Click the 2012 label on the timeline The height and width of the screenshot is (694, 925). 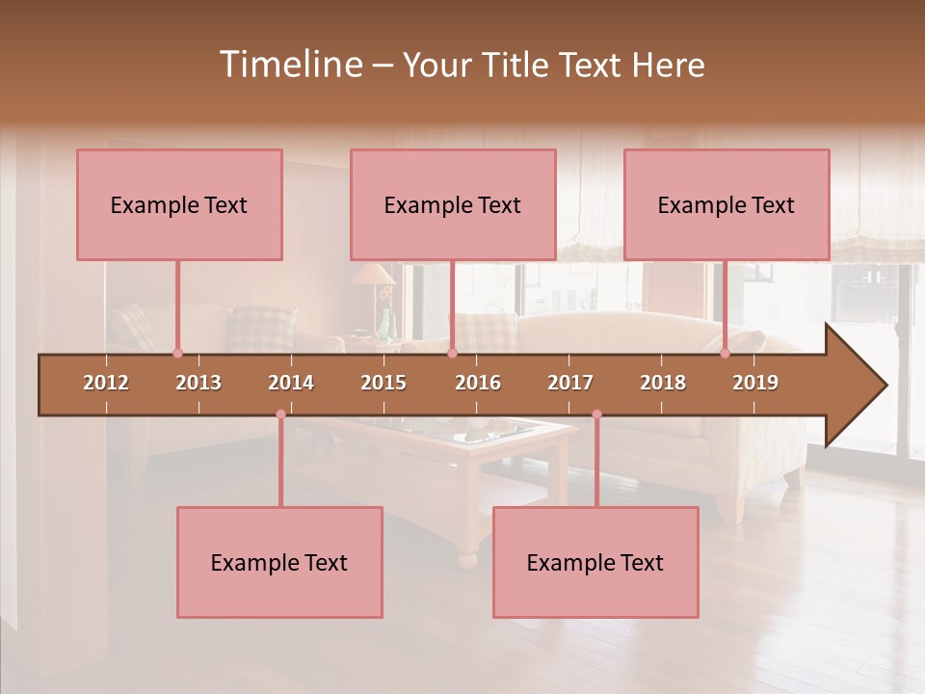[106, 383]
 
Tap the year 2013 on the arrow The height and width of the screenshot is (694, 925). [198, 383]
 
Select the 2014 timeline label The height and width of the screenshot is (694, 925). [291, 383]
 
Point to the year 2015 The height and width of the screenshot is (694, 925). [383, 383]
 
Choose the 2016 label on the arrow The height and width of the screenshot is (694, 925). [478, 383]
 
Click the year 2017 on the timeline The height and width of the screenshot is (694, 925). [570, 383]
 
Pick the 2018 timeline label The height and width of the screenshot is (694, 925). [663, 383]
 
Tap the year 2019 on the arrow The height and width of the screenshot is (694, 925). [755, 383]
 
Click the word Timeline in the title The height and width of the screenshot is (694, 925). [289, 65]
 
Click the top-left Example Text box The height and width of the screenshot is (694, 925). [179, 204]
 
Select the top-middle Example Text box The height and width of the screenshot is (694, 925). [453, 204]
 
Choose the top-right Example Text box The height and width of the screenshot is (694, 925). [727, 204]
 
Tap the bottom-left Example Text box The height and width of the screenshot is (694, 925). [279, 562]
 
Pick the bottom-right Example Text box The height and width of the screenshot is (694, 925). [595, 562]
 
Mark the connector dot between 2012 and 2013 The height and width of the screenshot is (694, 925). [177, 353]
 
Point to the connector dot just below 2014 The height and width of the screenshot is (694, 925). [280, 414]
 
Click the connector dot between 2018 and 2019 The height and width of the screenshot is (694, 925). [725, 353]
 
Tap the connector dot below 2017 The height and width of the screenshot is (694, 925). [596, 414]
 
